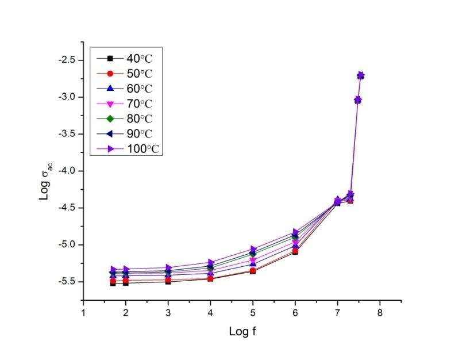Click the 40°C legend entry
126,58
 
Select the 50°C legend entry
126,73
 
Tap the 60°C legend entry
126,88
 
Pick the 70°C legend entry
126,104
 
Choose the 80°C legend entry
126,118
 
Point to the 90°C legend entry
126,133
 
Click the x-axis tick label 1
83,314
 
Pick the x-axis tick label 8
380,314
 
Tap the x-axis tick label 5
253,314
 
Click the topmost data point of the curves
361,75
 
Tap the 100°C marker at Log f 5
253,250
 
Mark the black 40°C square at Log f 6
295,252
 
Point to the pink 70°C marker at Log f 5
253,261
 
